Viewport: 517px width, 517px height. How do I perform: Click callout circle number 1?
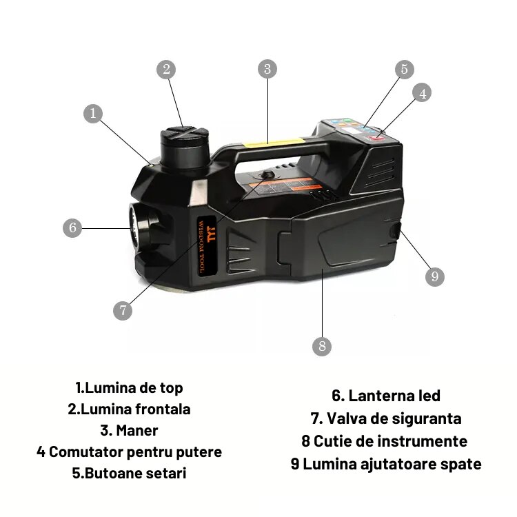pos(95,114)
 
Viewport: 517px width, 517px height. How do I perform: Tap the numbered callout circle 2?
pos(165,69)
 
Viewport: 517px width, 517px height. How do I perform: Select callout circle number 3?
pos(268,69)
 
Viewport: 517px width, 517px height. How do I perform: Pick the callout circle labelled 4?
pos(423,92)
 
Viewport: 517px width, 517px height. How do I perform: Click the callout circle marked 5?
pos(405,69)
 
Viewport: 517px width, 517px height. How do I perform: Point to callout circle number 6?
pos(72,227)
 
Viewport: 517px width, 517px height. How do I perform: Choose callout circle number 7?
pos(122,310)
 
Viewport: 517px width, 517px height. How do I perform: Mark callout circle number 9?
pos(434,276)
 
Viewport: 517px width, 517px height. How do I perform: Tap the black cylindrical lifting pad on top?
pos(184,145)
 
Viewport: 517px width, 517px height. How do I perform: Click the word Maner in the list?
pos(129,431)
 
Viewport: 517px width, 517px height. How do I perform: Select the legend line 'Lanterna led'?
pos(385,396)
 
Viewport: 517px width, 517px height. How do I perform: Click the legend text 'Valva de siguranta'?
pos(385,418)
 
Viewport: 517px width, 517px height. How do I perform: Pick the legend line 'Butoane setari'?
pos(129,474)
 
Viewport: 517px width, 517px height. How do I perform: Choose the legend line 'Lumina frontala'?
pos(129,409)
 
